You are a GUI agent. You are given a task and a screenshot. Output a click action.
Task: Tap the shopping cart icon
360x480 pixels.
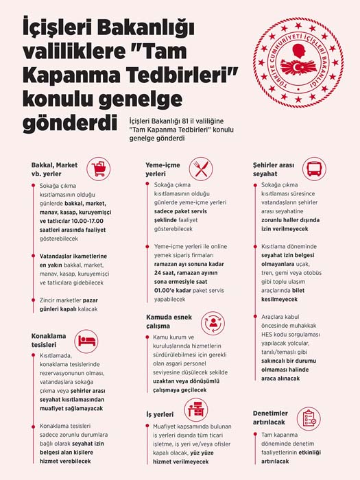click(99, 168)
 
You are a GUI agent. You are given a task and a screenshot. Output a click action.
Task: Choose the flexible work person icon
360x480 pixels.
click(212, 322)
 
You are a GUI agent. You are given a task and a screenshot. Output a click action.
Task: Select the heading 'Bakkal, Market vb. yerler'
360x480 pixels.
click(56, 169)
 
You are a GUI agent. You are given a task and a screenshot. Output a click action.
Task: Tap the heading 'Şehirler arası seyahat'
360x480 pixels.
click(274, 169)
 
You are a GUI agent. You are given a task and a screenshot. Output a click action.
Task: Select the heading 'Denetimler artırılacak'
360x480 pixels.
click(274, 418)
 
